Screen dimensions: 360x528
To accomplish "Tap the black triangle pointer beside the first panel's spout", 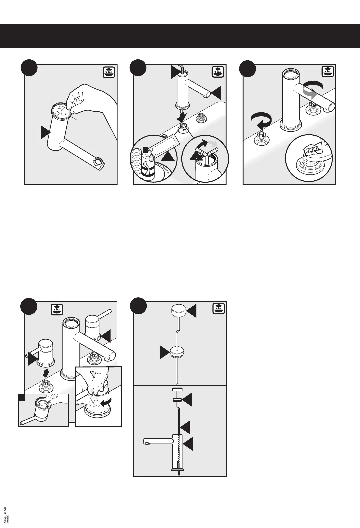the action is click(x=46, y=132).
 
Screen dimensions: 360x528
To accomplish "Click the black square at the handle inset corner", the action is click(x=22, y=397).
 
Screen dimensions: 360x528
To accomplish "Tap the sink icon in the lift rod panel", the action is click(x=218, y=309).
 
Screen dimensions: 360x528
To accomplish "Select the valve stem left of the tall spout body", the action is click(x=261, y=138).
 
